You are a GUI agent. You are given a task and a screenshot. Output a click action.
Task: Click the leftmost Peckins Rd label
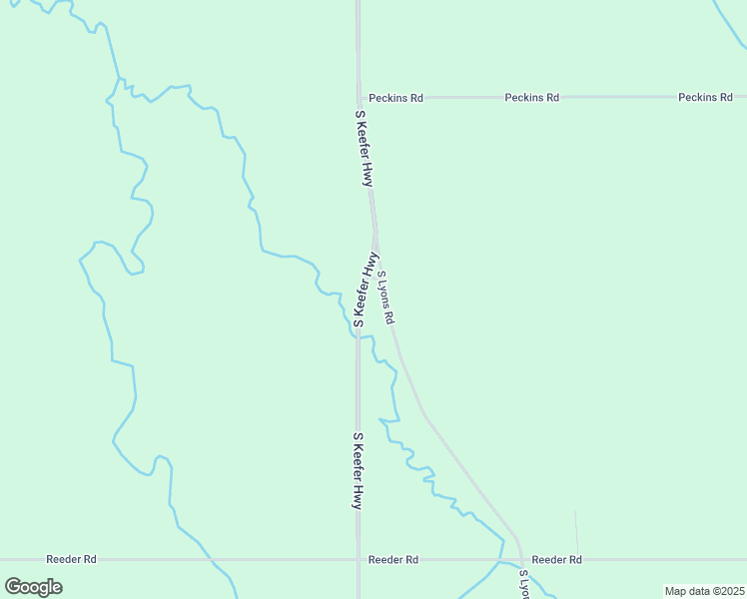[395, 98]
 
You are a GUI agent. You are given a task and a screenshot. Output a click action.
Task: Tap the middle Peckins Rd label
[531, 98]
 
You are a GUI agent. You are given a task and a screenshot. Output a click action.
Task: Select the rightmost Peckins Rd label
[705, 98]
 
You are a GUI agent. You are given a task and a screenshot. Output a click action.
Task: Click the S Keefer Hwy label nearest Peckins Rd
[365, 148]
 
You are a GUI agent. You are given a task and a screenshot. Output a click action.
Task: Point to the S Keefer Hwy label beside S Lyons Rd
[367, 291]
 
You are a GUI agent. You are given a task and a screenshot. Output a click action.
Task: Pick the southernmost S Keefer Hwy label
[357, 470]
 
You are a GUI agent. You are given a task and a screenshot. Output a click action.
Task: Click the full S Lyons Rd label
[386, 298]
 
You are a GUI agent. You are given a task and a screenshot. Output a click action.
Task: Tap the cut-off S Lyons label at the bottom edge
[523, 584]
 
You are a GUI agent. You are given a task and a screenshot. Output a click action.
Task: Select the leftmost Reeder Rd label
[72, 560]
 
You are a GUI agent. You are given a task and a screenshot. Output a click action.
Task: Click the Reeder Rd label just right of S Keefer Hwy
[392, 560]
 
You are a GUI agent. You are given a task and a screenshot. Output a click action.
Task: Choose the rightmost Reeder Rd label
[556, 560]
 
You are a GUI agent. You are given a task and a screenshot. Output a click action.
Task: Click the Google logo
[33, 586]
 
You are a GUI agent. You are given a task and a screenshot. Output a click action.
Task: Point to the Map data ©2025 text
[703, 591]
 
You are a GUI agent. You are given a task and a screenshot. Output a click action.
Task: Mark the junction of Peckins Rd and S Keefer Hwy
[360, 98]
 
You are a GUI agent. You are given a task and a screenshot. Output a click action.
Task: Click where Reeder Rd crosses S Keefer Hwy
[359, 560]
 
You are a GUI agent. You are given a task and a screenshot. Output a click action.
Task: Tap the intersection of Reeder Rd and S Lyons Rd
[520, 560]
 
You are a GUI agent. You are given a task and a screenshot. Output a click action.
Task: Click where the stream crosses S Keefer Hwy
[358, 334]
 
